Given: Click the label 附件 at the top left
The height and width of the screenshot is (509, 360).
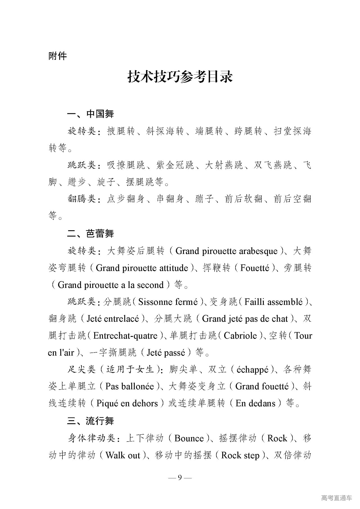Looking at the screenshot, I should pyautogui.click(x=58, y=56).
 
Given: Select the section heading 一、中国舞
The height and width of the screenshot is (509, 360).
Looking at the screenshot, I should pyautogui.click(x=90, y=114).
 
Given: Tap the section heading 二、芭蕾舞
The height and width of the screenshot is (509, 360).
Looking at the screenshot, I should pyautogui.click(x=90, y=233).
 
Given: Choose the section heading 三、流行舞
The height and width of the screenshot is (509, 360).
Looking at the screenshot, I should pyautogui.click(x=90, y=421).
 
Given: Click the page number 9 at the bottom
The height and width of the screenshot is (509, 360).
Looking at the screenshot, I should pyautogui.click(x=180, y=478).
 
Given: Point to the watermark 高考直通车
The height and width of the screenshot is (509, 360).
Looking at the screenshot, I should pyautogui.click(x=336, y=498).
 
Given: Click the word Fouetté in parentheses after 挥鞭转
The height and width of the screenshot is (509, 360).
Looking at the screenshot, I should pyautogui.click(x=255, y=268).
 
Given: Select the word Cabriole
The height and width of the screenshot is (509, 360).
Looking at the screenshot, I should pyautogui.click(x=240, y=335).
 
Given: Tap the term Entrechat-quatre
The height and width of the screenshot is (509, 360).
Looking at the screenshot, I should pyautogui.click(x=125, y=335).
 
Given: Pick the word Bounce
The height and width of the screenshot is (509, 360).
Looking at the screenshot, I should pyautogui.click(x=189, y=438).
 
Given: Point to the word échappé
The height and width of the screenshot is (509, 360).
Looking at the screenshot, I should pyautogui.click(x=252, y=370).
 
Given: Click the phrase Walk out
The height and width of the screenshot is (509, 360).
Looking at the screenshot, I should pyautogui.click(x=123, y=455).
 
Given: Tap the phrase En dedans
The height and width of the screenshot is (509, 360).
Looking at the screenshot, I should pyautogui.click(x=255, y=403).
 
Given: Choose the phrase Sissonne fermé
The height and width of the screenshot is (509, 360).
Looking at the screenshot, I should pyautogui.click(x=168, y=302).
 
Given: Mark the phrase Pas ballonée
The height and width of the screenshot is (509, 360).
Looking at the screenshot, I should pyautogui.click(x=129, y=386).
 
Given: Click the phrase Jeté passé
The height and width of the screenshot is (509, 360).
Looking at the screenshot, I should pyautogui.click(x=166, y=352).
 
